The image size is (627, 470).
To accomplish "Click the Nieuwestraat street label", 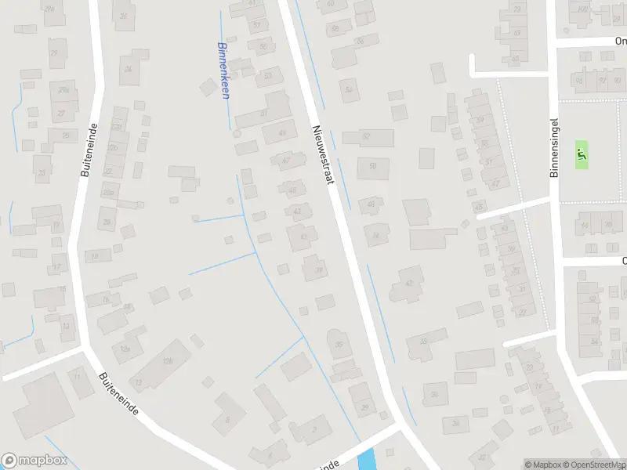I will pyautogui.click(x=323, y=155).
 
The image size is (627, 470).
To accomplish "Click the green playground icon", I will pyautogui.click(x=581, y=154).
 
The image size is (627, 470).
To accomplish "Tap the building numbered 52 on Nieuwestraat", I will pyautogui.click(x=366, y=137).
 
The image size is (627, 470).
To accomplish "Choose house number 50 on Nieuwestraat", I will pyautogui.click(x=372, y=166).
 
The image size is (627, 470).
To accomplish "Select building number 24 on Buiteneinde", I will pyautogui.click(x=128, y=68).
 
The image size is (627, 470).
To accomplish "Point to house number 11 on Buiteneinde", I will pyautogui.click(x=77, y=377).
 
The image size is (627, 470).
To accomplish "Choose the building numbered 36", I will pyautogui.click(x=435, y=394).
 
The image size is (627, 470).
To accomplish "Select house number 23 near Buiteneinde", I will pyautogui.click(x=42, y=172).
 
